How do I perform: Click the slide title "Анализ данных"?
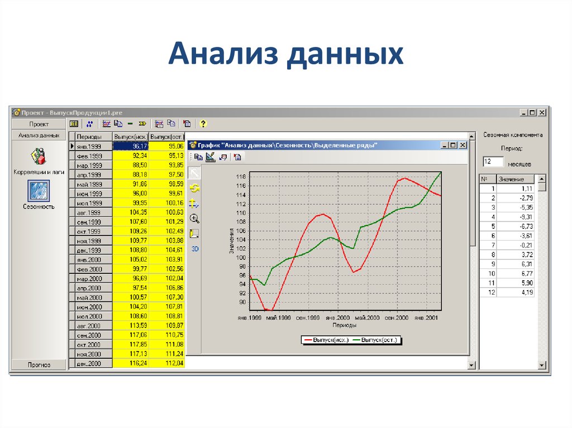pos(285,55)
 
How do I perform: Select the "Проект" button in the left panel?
pos(39,124)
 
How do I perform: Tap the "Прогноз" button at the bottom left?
pos(39,365)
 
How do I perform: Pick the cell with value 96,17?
pos(131,146)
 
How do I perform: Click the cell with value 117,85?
pos(131,344)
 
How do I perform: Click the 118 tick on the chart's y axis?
pos(241,177)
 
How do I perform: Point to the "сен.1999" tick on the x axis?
pos(308,318)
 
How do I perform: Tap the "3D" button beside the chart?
pos(195,249)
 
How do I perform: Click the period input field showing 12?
pos(493,162)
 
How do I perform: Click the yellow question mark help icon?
pos(203,124)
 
